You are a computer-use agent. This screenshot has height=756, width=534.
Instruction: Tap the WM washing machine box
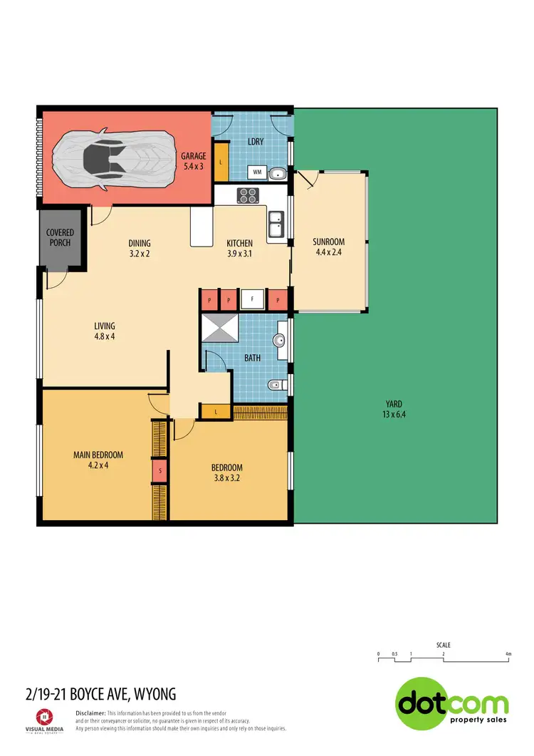coord(256,172)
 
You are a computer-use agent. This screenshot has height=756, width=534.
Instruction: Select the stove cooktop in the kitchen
coord(248,195)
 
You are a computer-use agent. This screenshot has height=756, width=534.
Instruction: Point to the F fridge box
coord(252,300)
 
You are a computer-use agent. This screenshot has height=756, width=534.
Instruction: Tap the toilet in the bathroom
coord(278,385)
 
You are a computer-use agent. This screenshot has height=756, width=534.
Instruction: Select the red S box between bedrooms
coord(162,471)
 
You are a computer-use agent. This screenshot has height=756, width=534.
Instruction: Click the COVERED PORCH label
coord(60,237)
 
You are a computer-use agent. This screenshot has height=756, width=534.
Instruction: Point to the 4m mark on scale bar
coord(508,653)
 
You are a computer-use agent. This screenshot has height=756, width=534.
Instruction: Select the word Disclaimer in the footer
coord(90,713)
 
